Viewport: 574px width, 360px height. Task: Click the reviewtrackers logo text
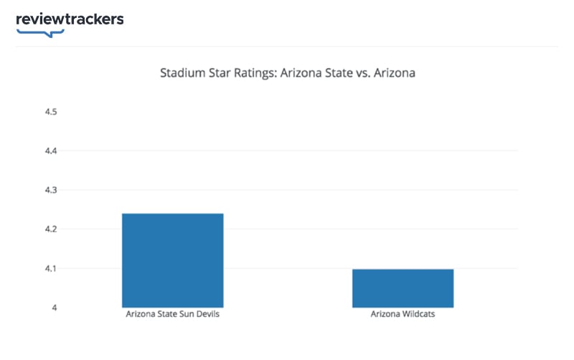[70, 19]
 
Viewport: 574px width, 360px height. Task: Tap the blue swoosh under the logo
[41, 32]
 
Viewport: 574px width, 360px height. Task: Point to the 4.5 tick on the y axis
[50, 112]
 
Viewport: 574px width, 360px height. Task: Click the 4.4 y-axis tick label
[50, 151]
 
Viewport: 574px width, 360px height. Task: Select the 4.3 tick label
[50, 190]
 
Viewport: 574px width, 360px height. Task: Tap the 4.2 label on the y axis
[50, 229]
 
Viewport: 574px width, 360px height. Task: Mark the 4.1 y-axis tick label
[50, 269]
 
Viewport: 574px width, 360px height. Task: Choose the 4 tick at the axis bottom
[54, 308]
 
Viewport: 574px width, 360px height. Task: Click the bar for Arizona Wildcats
[403, 288]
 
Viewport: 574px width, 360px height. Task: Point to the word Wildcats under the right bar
[418, 315]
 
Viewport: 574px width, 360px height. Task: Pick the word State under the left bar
[166, 315]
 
